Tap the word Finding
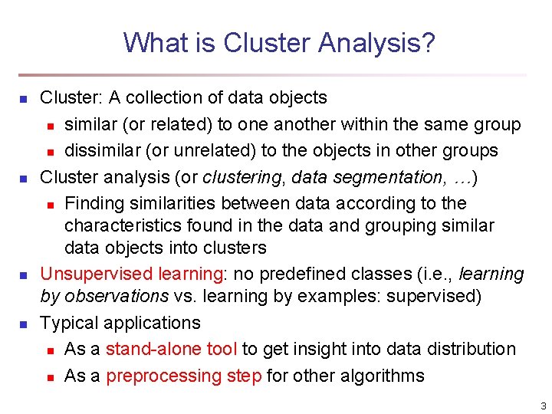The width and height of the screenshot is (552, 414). click(94, 203)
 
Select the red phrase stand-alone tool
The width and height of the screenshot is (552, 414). click(172, 349)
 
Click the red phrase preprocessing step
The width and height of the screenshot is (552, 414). click(184, 376)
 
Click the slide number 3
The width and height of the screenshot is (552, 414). click(542, 406)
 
